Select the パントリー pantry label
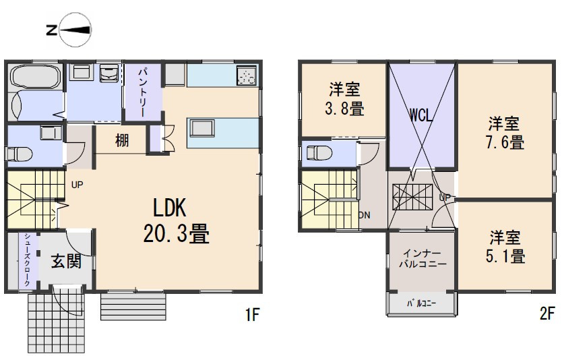(144, 90)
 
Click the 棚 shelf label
(121, 141)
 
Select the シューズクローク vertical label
(26, 260)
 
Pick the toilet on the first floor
(20, 154)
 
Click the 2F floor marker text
(547, 313)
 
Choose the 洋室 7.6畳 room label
(505, 133)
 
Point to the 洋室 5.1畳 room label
(506, 247)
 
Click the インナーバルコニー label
(420, 259)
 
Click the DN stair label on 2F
(364, 215)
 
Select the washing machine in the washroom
(108, 73)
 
